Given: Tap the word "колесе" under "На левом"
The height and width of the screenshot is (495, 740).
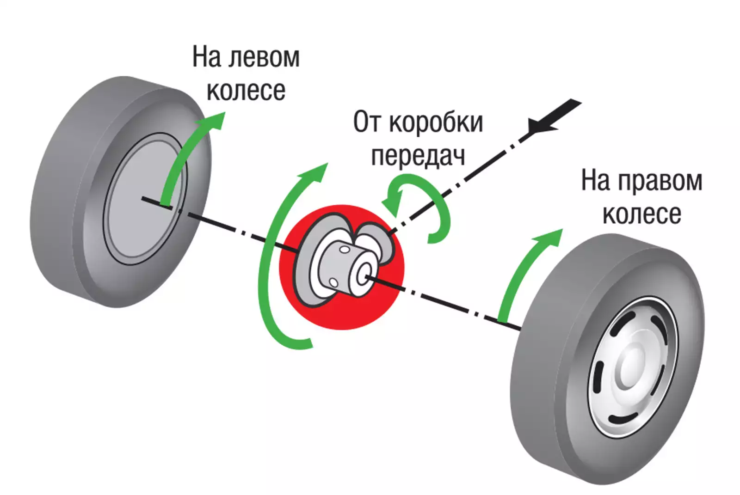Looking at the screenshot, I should [246, 91].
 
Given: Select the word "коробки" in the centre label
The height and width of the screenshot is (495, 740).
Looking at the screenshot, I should [436, 122].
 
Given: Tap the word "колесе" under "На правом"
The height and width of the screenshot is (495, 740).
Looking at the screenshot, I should [641, 214].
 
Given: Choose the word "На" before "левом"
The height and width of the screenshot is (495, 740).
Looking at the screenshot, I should [206, 57].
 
